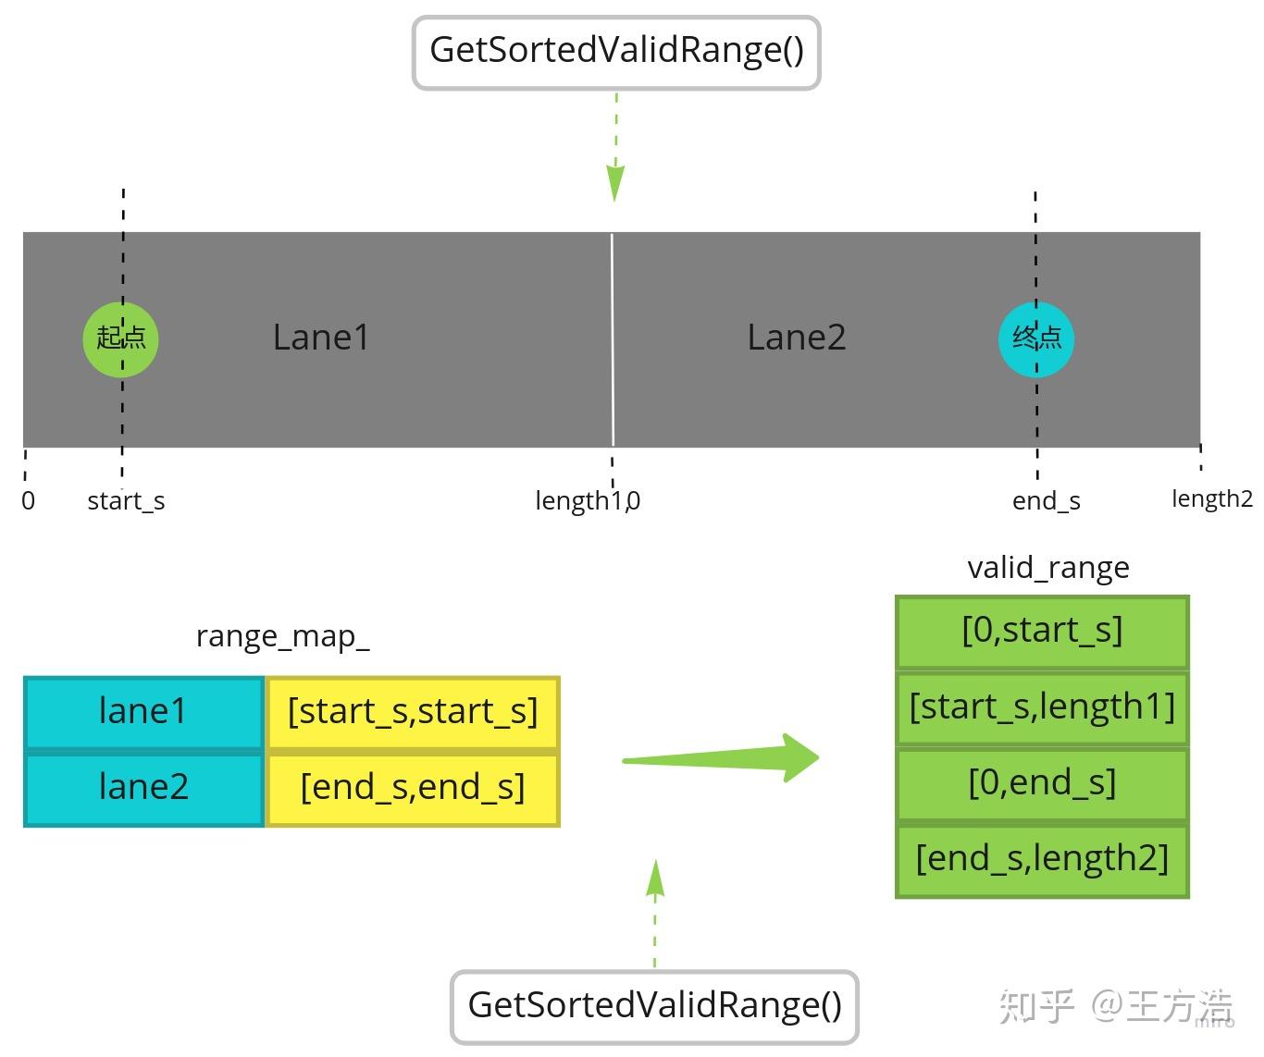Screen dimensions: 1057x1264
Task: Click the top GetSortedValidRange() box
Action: [616, 52]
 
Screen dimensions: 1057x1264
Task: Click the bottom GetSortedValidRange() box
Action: [654, 1006]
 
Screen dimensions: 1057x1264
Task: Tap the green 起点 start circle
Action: [121, 338]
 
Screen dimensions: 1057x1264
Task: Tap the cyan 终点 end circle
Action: [1036, 339]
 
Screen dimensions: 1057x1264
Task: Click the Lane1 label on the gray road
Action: [321, 338]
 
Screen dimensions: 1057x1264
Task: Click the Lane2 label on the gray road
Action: [796, 338]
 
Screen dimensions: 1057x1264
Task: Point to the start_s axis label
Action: [126, 501]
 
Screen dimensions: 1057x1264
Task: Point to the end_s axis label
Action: [1046, 501]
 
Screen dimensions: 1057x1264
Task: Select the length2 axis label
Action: [1211, 499]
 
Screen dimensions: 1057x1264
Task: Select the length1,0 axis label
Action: [588, 501]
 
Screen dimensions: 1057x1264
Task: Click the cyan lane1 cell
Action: [143, 712]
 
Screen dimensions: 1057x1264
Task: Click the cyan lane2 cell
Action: [143, 788]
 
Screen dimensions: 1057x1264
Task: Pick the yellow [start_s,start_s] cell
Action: [413, 712]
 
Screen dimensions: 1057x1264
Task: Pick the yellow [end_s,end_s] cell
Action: [413, 788]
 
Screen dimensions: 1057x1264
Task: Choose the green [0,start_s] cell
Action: [1042, 631]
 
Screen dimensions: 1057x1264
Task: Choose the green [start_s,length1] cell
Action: [1042, 707]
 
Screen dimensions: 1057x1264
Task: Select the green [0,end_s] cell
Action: [1042, 783]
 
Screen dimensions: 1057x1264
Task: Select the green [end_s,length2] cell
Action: [1042, 859]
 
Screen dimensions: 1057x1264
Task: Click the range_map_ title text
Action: [282, 637]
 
